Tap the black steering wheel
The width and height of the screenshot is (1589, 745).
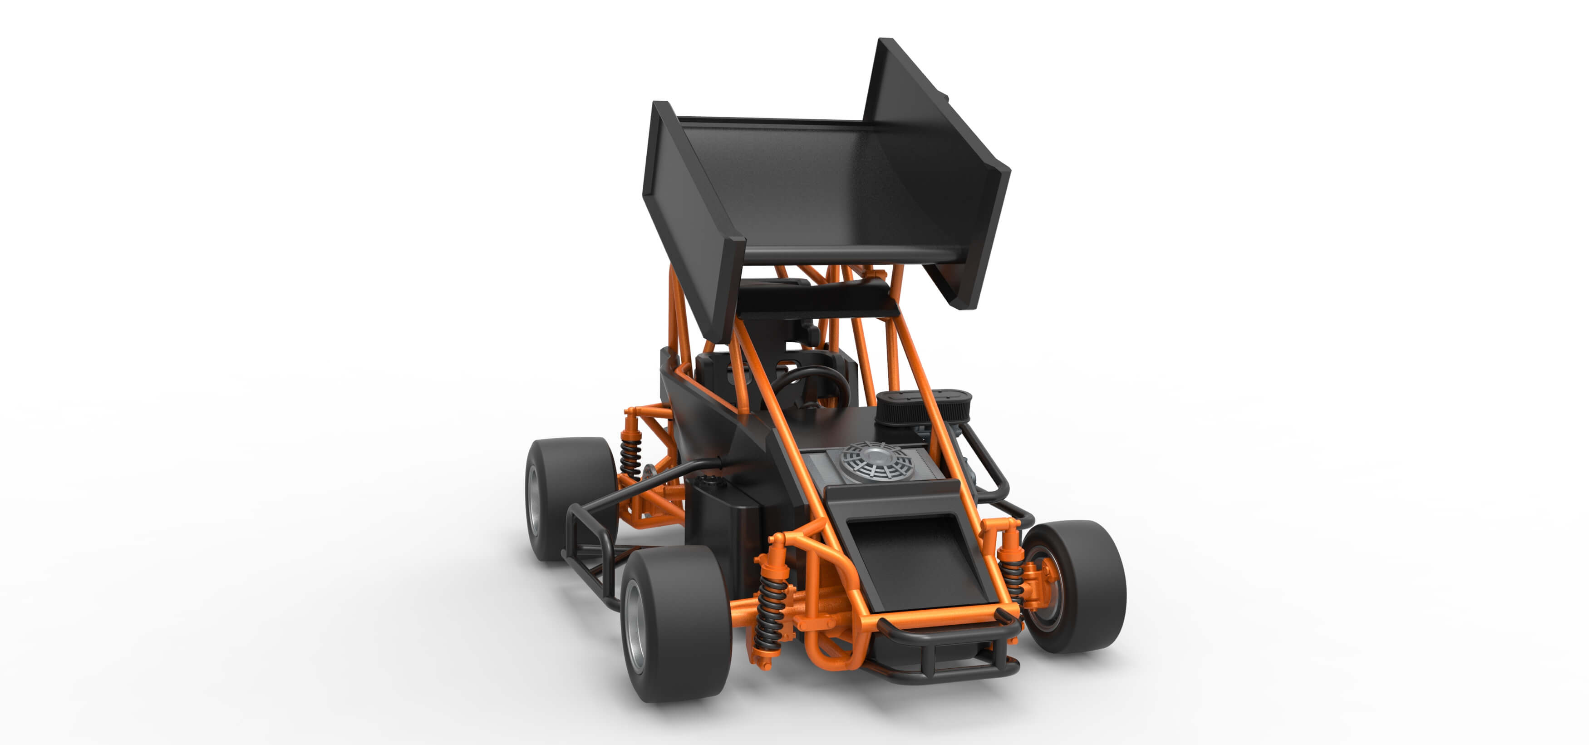(811, 386)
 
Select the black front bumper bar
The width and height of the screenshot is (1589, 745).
(950, 636)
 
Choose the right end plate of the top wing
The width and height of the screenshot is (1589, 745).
(944, 167)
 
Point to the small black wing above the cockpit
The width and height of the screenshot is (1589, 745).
(814, 299)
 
